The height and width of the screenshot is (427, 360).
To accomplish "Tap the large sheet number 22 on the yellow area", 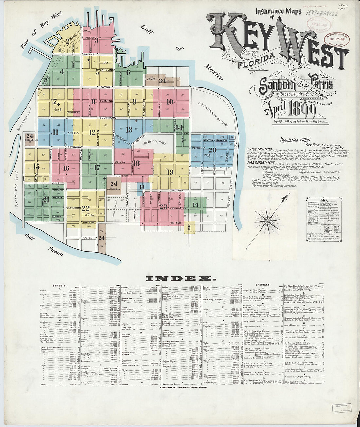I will coord(86,208).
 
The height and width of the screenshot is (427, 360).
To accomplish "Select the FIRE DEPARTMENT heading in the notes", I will coord(261,163).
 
